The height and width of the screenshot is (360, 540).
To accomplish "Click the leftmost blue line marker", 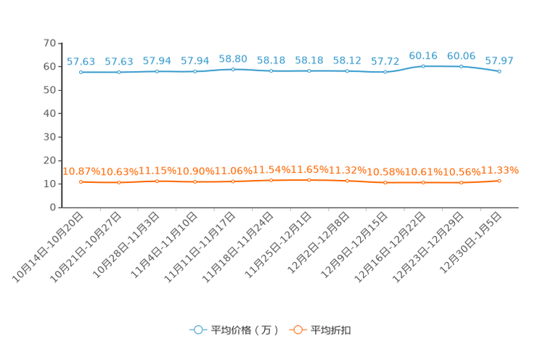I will pyautogui.click(x=81, y=72).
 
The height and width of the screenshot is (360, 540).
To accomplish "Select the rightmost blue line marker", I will pyautogui.click(x=499, y=71).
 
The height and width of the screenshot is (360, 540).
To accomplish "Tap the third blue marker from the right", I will pyautogui.click(x=423, y=66).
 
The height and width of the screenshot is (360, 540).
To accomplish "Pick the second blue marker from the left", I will pyautogui.click(x=119, y=72).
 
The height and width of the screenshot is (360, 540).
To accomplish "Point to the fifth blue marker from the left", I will pyautogui.click(x=233, y=70).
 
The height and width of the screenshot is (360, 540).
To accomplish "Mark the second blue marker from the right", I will pyautogui.click(x=461, y=67).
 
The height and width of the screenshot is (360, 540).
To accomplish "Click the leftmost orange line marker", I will pyautogui.click(x=81, y=181).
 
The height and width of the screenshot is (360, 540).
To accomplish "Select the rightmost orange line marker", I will pyautogui.click(x=499, y=181).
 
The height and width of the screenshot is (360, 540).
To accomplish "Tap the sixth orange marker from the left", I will pyautogui.click(x=271, y=180).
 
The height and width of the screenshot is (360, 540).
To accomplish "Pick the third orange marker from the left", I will pyautogui.click(x=157, y=181).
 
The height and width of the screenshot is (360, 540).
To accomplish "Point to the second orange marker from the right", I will pyautogui.click(x=461, y=183).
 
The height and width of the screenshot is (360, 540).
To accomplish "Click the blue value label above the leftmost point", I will pyautogui.click(x=81, y=62).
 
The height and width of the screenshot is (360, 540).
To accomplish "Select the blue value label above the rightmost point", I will pyautogui.click(x=499, y=60).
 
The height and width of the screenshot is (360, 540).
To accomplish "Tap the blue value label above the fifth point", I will pyautogui.click(x=233, y=58).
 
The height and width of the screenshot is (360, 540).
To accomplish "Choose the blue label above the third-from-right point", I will pyautogui.click(x=423, y=55).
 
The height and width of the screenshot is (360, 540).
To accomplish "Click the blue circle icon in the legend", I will pyautogui.click(x=197, y=330).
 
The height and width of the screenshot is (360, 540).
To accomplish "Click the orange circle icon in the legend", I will pyautogui.click(x=296, y=330).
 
